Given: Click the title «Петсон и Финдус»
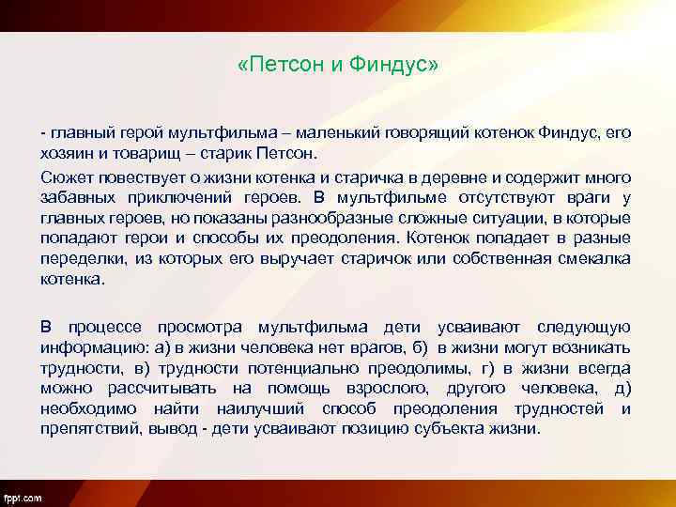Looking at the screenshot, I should pos(338,67).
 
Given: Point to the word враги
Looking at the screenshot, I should pos(584,196).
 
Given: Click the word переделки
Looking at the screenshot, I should pos(82,258).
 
